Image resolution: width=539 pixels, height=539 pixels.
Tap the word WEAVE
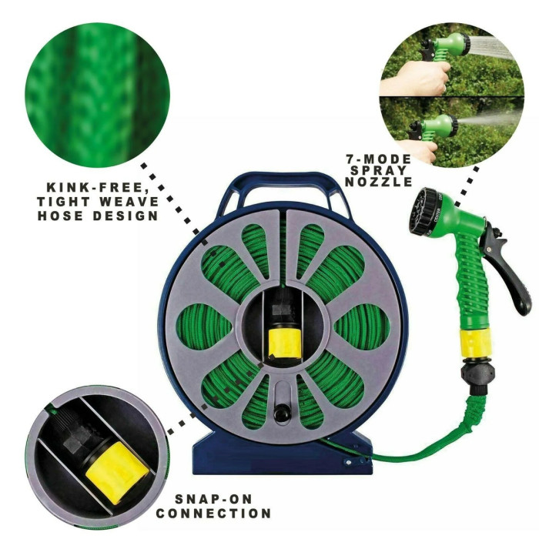129,202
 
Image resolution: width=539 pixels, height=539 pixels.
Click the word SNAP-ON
213,499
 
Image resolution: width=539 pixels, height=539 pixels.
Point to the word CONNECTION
213,514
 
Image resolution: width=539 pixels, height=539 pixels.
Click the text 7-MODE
379,159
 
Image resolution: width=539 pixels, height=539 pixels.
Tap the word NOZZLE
379,182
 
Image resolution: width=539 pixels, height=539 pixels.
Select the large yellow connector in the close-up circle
116,473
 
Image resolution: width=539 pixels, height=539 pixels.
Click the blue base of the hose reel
282,454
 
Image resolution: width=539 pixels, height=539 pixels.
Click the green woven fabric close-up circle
97,95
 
